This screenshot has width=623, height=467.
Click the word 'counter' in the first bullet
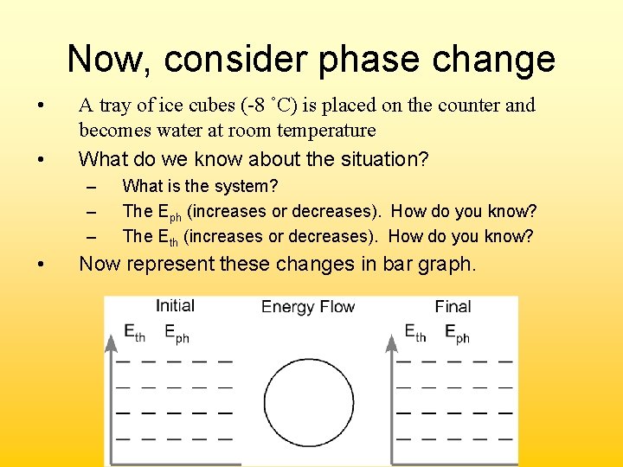pyautogui.click(x=471, y=106)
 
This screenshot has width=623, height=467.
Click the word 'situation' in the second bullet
pyautogui.click(x=376, y=159)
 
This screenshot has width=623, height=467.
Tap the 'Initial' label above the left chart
pyautogui.click(x=175, y=305)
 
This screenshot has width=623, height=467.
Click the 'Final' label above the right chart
pyautogui.click(x=453, y=306)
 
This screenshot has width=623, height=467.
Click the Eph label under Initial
pyautogui.click(x=177, y=332)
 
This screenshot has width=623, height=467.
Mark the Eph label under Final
pyautogui.click(x=457, y=332)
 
